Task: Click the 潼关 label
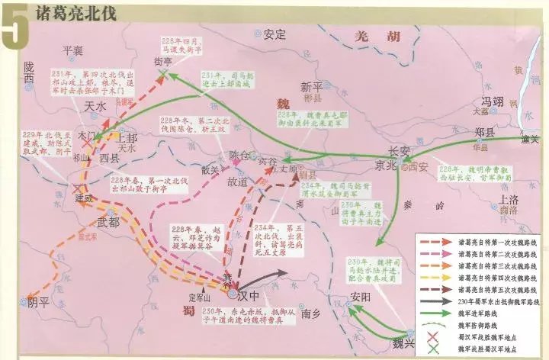click(530, 140)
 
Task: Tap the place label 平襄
click(73, 50)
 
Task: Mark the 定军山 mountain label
click(201, 298)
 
